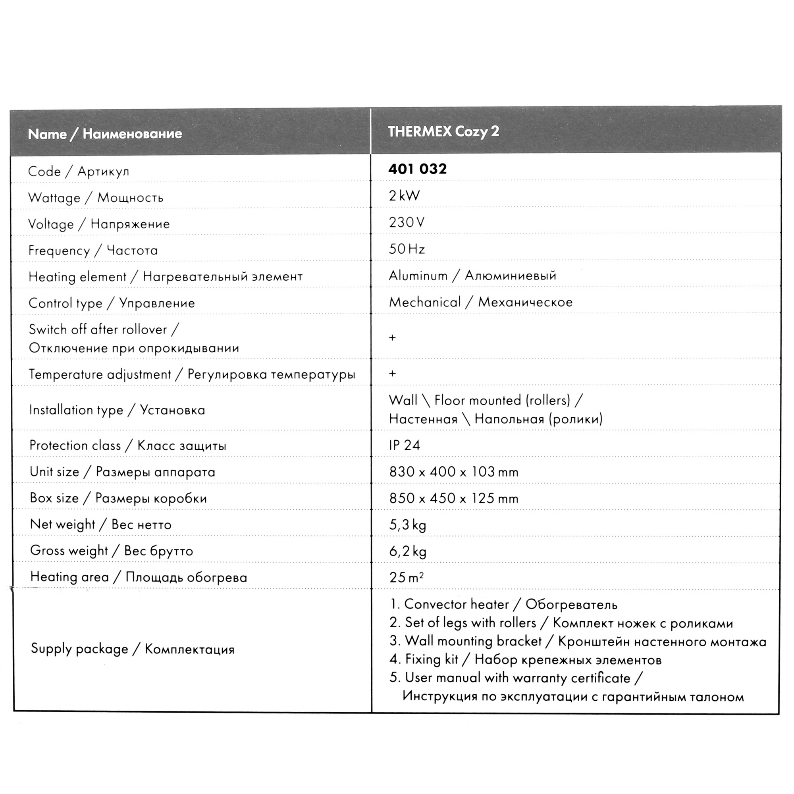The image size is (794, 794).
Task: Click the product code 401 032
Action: (x=417, y=169)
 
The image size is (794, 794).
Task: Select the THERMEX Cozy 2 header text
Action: (x=443, y=131)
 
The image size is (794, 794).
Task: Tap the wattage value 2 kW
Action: (x=404, y=196)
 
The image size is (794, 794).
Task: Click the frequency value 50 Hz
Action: (x=407, y=249)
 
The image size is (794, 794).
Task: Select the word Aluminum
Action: (x=418, y=276)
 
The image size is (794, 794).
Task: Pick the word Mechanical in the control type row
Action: (x=424, y=302)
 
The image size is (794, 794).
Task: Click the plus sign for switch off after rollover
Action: (x=392, y=337)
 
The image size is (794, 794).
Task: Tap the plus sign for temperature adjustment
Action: (x=392, y=373)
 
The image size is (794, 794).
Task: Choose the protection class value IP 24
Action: (x=404, y=445)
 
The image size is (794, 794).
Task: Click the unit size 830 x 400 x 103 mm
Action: (x=453, y=472)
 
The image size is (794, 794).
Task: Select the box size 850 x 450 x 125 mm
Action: (x=453, y=498)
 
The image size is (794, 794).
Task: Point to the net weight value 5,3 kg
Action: (x=407, y=525)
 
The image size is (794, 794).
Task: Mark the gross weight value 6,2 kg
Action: (x=407, y=551)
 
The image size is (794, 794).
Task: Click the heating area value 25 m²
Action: (x=406, y=577)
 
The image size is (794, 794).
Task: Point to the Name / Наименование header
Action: (x=105, y=133)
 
